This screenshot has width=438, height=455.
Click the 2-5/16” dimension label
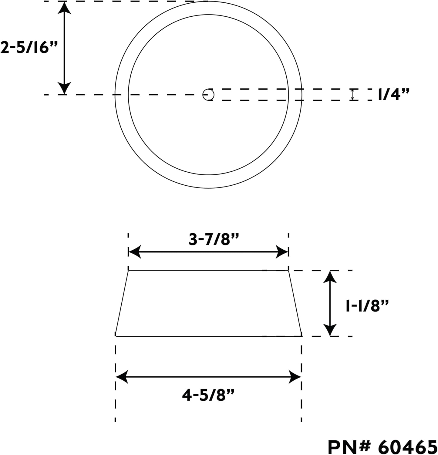[29, 48]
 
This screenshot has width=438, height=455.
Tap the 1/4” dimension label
[393, 95]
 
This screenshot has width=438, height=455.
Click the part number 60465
[408, 447]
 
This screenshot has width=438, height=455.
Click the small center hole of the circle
[208, 95]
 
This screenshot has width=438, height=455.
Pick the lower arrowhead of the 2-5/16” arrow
[64, 88]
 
